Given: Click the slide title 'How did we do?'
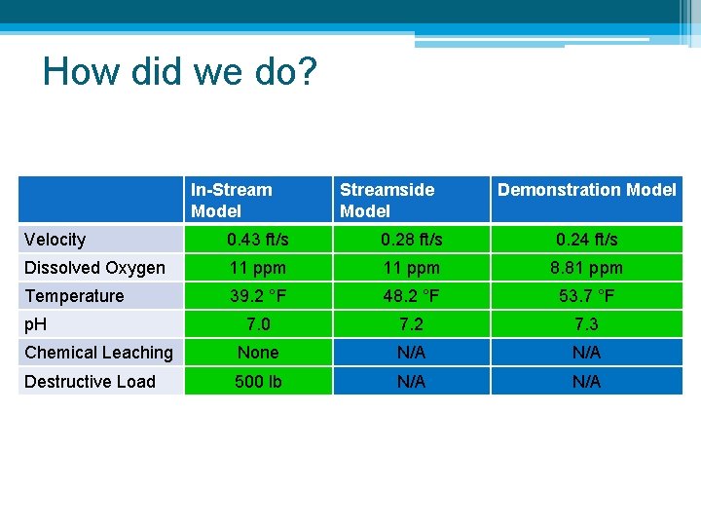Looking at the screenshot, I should (180, 72).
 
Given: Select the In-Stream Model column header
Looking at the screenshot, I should (232, 200).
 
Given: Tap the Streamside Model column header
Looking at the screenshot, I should (387, 200).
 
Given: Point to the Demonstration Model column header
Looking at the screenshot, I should (586, 190).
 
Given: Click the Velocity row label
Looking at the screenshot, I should (55, 240).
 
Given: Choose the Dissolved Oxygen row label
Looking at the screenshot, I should (94, 268).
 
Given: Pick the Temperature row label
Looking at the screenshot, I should (74, 296).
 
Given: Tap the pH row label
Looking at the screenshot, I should (36, 324).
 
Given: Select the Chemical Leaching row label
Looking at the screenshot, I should (98, 353).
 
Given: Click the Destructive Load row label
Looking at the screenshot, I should (90, 382).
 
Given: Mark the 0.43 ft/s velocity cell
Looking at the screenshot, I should (258, 240).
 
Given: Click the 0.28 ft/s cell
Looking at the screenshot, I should (411, 240).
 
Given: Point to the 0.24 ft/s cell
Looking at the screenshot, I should (586, 240).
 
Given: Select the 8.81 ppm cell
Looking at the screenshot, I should (586, 268).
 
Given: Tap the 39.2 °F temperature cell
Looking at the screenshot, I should (258, 296).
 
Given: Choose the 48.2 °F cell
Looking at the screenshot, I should (411, 296).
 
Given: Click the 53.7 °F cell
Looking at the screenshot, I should (586, 296).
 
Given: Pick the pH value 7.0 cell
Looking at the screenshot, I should (258, 324).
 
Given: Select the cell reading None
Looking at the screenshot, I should (258, 353).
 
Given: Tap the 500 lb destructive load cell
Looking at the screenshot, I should (258, 382).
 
